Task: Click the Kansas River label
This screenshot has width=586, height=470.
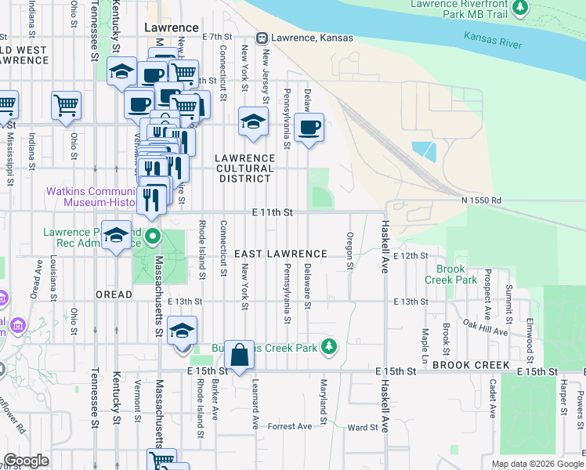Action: pyautogui.click(x=492, y=40)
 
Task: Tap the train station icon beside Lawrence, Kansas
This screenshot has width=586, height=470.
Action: pyautogui.click(x=263, y=38)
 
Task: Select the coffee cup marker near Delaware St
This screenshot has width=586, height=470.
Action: pyautogui.click(x=309, y=126)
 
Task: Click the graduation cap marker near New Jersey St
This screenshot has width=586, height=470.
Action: pyautogui.click(x=252, y=122)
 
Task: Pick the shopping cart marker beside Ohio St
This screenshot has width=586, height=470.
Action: pyautogui.click(x=66, y=106)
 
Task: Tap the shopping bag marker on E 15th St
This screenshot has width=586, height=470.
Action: pyautogui.click(x=240, y=356)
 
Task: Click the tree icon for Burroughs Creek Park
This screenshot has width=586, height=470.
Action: pyautogui.click(x=330, y=345)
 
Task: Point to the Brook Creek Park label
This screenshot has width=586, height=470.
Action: pyautogui.click(x=450, y=274)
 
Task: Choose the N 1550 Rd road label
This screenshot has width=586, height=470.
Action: pyautogui.click(x=481, y=201)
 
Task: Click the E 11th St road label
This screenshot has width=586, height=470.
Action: pyautogui.click(x=272, y=212)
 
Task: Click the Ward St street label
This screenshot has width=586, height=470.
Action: pyautogui.click(x=363, y=428)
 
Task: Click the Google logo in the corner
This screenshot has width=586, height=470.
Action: pyautogui.click(x=27, y=461)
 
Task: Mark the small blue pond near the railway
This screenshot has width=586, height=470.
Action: pyautogui.click(x=423, y=150)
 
